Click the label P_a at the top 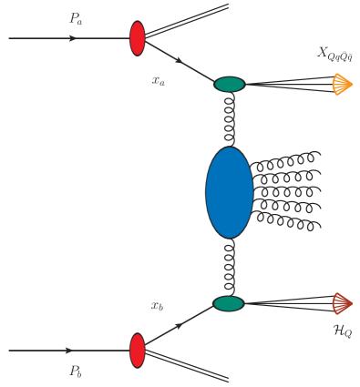75,17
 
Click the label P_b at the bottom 75,371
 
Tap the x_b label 159,305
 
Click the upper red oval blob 139,38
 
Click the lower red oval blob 139,350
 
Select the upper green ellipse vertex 230,85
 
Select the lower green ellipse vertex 229,303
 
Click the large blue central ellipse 229,192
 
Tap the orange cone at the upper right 342,85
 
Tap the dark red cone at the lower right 343,302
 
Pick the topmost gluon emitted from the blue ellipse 284,160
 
